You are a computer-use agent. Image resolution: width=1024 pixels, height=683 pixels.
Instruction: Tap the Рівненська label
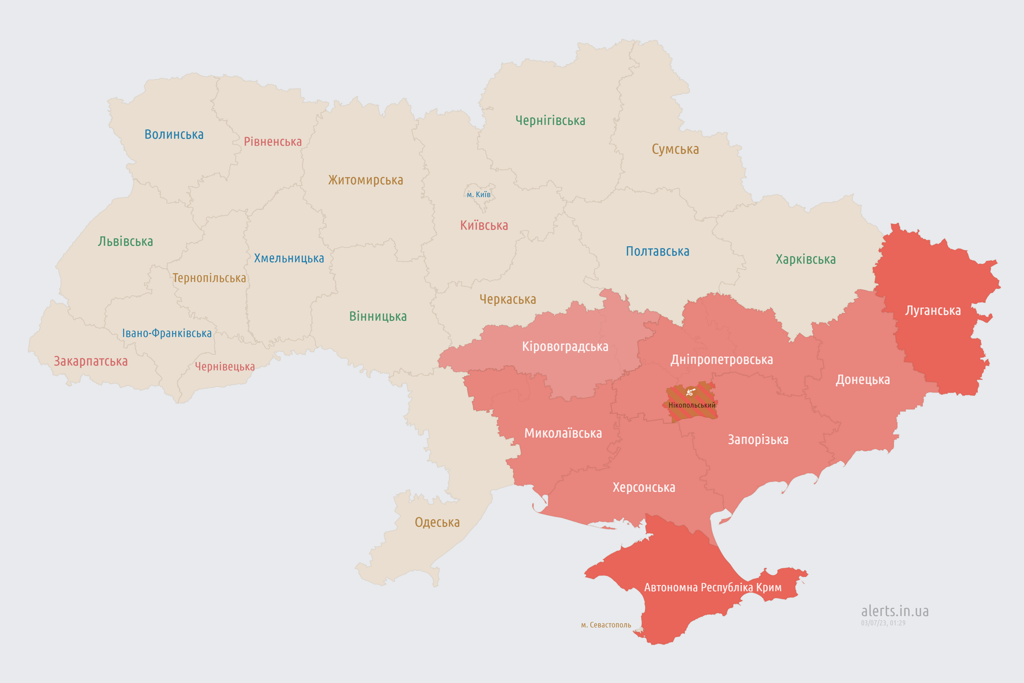[273, 142]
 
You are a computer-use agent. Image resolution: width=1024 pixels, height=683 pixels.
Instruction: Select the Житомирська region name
[365, 180]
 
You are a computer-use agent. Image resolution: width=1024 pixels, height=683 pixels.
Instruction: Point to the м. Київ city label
[478, 195]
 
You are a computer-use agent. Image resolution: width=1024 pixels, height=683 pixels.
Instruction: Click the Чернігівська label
[550, 121]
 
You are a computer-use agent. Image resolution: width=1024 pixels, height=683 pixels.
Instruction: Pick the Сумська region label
[675, 149]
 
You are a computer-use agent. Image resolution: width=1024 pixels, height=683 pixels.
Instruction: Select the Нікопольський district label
[692, 406]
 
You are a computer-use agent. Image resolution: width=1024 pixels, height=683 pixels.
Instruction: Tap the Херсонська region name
[644, 487]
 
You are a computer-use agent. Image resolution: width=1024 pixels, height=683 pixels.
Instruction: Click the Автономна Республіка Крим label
[713, 587]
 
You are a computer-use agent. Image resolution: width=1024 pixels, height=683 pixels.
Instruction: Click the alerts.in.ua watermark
[895, 611]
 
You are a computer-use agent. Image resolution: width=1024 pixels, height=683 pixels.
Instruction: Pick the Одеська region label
[437, 522]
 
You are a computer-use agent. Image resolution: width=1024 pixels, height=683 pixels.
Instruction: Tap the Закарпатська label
[91, 362]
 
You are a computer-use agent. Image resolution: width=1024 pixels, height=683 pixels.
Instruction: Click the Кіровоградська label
[565, 347]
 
